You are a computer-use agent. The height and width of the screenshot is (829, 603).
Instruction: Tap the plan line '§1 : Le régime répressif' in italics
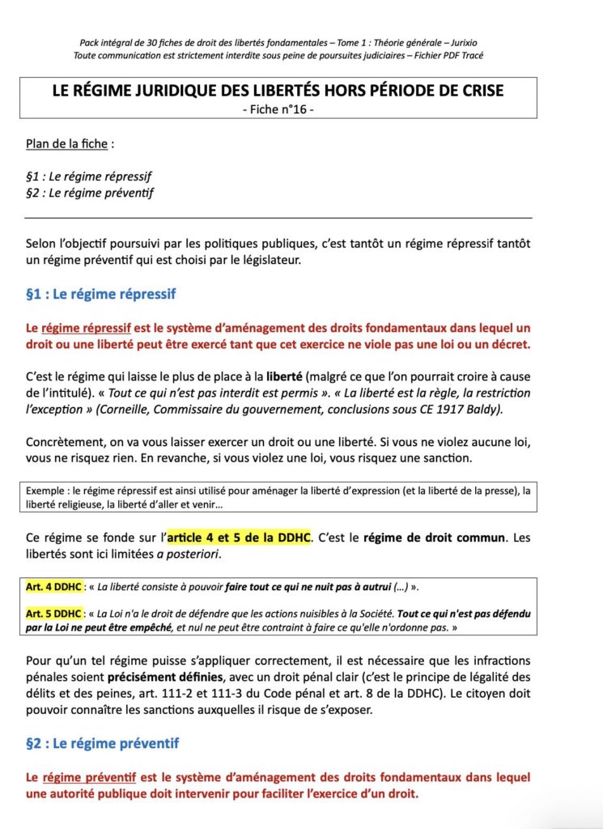click(89, 176)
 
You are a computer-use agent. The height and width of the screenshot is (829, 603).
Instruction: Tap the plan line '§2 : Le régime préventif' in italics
click(89, 193)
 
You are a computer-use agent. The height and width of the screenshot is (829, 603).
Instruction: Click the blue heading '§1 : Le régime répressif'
click(100, 294)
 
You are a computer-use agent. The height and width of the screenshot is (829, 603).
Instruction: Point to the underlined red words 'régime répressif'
click(86, 328)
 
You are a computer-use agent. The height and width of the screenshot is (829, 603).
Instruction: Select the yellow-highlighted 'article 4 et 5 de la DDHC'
click(239, 538)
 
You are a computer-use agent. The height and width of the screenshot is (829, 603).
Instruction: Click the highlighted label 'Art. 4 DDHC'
click(53, 585)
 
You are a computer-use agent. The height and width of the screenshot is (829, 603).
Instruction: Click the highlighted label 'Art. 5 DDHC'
click(53, 613)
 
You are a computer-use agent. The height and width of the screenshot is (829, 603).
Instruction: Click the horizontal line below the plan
click(278, 218)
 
